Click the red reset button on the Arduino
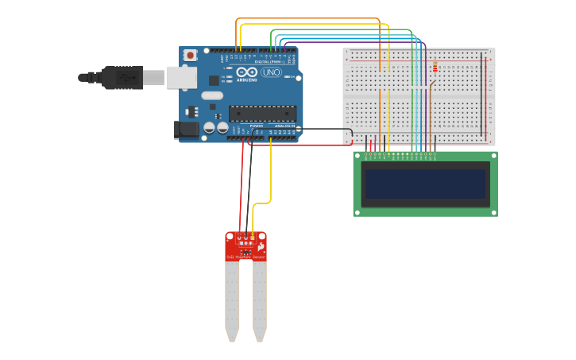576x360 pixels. point(189,55)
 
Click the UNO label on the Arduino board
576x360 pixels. point(272,72)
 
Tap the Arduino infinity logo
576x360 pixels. point(246,72)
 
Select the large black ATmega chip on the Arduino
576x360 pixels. point(262,114)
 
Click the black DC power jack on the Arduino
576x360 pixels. point(186,129)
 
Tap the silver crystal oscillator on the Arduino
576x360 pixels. point(212,95)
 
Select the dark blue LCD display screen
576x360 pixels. point(425,184)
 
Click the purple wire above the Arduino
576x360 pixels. point(358,42)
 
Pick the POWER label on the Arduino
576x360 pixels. point(256,126)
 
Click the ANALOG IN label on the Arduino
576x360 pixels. point(284,126)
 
